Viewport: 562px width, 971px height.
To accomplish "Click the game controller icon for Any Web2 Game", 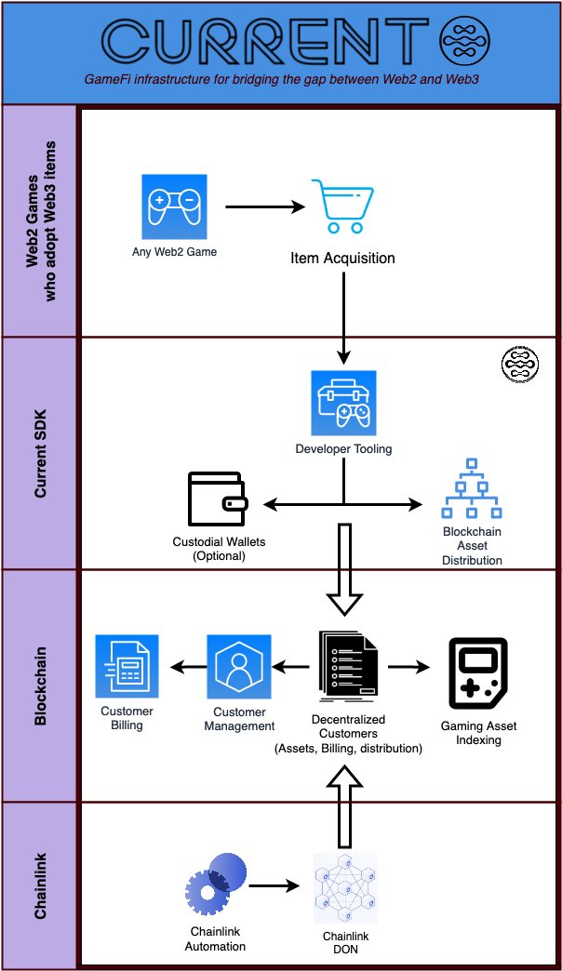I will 174,206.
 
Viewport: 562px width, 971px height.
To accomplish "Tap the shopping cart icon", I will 341,206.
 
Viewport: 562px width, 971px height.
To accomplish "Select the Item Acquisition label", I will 342,258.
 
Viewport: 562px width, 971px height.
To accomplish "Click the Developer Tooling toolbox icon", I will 343,404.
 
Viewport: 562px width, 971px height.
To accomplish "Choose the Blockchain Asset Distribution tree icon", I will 472,489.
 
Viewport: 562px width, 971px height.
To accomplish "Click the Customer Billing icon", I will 127,666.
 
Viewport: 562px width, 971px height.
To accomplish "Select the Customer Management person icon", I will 238,667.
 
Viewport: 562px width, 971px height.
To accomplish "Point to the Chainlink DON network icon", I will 345,886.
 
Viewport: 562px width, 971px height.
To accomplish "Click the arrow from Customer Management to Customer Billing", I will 186,667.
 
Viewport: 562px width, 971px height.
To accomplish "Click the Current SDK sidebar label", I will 40,453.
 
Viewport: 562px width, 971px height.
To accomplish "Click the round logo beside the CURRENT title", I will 464,44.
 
